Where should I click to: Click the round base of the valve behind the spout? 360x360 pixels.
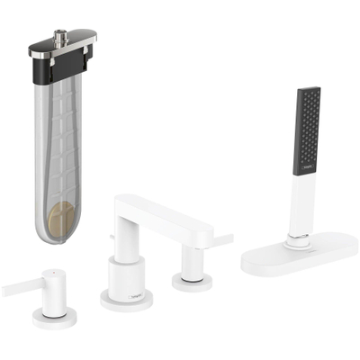[x=191, y=280]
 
